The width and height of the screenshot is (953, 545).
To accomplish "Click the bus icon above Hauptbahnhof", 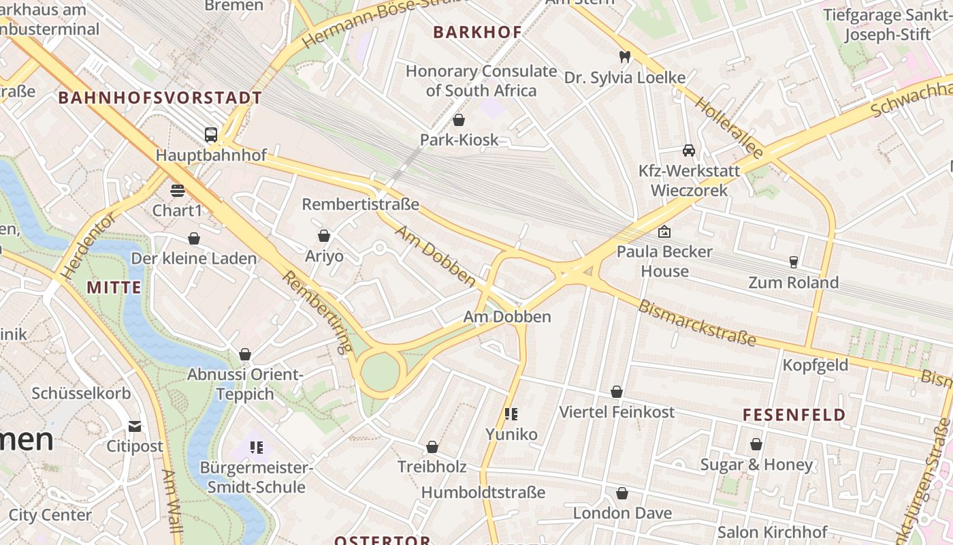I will [x=211, y=134].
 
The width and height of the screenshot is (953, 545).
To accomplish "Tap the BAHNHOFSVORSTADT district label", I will [x=160, y=97].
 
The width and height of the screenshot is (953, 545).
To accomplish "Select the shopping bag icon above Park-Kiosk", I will [x=459, y=120].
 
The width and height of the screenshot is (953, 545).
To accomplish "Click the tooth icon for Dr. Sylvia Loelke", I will [x=624, y=57].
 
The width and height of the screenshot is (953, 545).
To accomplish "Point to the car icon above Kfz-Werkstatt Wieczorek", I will [x=688, y=150].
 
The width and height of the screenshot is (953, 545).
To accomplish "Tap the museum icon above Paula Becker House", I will [x=664, y=232].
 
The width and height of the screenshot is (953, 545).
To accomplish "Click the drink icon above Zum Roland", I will [x=793, y=262].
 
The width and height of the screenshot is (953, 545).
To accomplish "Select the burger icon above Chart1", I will [x=177, y=190].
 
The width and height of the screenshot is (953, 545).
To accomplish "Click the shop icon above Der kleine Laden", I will [x=194, y=238].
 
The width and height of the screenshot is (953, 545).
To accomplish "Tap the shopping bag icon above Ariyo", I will [x=324, y=236].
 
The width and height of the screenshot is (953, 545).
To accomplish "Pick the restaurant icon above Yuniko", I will [x=511, y=414].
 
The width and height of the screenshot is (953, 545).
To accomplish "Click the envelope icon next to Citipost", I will [x=135, y=426].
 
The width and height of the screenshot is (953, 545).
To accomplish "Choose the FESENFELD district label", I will [x=794, y=415].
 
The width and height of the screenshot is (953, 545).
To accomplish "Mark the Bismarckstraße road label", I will [x=697, y=322].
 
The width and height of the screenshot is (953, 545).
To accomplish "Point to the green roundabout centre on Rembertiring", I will [x=380, y=371].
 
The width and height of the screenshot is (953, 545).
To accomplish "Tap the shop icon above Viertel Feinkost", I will [x=616, y=392].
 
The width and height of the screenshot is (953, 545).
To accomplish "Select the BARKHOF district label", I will [x=477, y=32].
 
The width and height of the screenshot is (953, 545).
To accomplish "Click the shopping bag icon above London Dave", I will [x=621, y=493].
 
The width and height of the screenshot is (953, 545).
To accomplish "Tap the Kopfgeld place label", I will [x=815, y=365].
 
